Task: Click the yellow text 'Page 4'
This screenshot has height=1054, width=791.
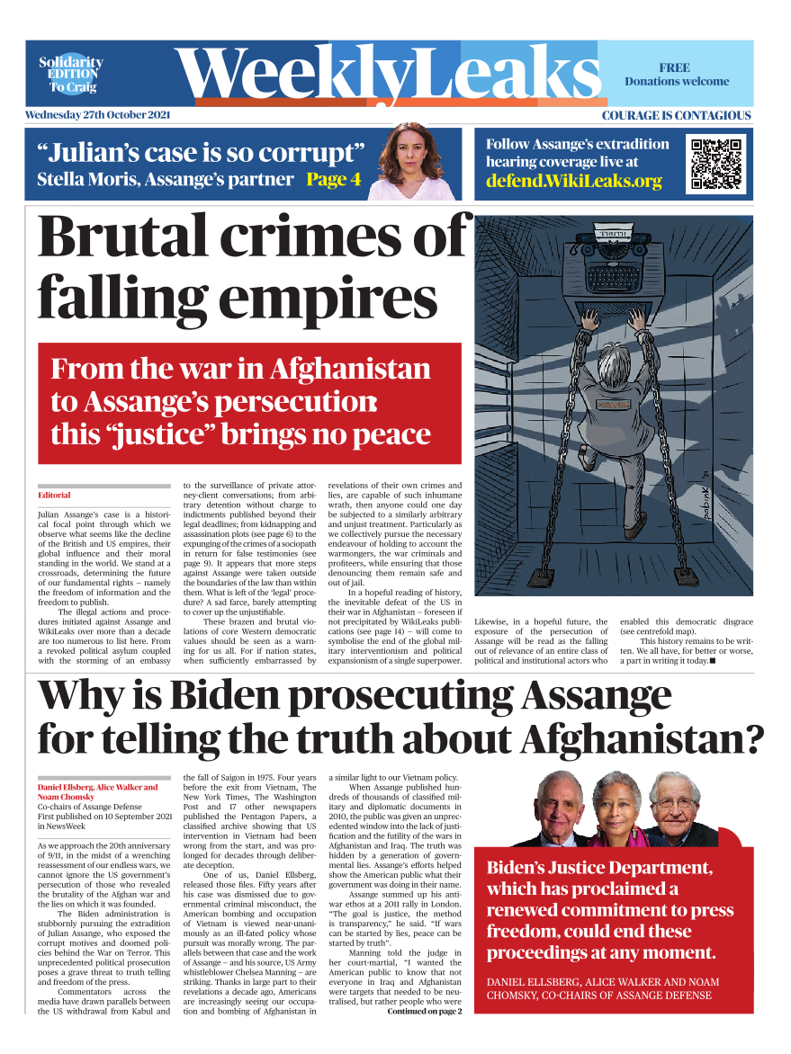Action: click(x=333, y=178)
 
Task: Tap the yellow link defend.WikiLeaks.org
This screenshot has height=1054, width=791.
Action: click(x=573, y=181)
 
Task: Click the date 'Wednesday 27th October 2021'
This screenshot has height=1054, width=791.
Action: click(x=97, y=115)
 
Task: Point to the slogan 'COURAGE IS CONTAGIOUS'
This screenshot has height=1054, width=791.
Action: click(x=676, y=115)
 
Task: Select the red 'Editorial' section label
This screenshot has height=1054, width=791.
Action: click(x=54, y=496)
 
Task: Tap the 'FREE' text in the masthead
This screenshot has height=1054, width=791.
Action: click(x=674, y=67)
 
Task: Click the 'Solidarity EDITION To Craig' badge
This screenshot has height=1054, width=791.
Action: click(x=70, y=75)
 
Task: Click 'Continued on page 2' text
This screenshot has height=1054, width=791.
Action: click(x=424, y=1011)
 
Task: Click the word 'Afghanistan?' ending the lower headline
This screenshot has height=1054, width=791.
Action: click(x=642, y=741)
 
